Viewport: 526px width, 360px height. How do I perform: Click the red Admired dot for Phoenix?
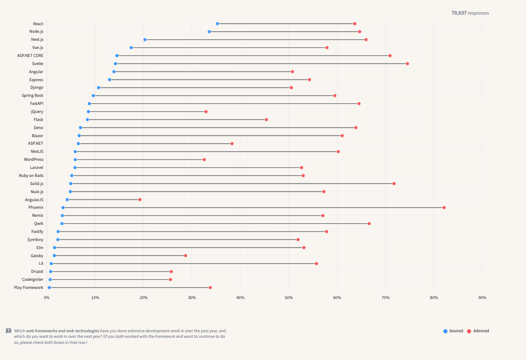coord(444,208)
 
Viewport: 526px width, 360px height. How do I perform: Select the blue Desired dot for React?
coord(217,24)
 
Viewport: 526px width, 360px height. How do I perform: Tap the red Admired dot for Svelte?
coord(407,64)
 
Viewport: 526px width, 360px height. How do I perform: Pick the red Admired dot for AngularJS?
coord(140,200)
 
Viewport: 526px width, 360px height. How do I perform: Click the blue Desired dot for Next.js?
coord(145,39)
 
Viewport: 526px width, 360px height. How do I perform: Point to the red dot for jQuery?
coord(206,111)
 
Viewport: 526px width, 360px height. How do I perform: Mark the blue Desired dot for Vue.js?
coord(131,47)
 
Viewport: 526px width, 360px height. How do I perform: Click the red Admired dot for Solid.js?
coord(393,184)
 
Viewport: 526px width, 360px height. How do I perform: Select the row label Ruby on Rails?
coord(31,175)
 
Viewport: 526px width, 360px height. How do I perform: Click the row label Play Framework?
coord(28,287)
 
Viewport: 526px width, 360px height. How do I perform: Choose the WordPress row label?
coord(33,159)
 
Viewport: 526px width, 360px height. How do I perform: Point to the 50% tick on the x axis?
coord(289,298)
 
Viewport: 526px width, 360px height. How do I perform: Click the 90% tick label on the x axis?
coord(482,298)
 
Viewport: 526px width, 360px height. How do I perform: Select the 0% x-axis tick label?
coord(47,298)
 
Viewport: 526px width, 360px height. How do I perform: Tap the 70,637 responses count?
coord(470,13)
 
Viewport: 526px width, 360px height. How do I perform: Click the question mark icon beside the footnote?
coord(9,331)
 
